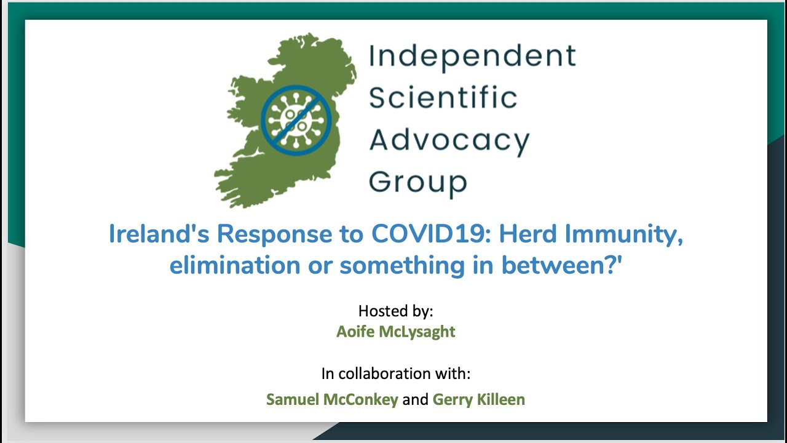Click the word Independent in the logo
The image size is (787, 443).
click(x=472, y=56)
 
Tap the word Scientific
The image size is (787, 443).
click(x=443, y=97)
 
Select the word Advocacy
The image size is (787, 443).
click(x=449, y=141)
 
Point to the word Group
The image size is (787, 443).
click(x=418, y=183)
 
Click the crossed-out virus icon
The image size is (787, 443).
click(x=296, y=120)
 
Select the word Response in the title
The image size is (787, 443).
click(x=274, y=234)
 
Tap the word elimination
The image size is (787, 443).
click(x=235, y=265)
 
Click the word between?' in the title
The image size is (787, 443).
click(x=561, y=265)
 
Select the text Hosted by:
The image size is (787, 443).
click(x=395, y=311)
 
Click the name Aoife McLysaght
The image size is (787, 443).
click(x=395, y=332)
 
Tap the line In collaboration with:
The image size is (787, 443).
click(x=395, y=373)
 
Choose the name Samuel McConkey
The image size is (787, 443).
click(x=332, y=400)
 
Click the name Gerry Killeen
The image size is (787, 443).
click(x=478, y=400)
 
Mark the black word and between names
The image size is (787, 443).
click(x=415, y=400)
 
